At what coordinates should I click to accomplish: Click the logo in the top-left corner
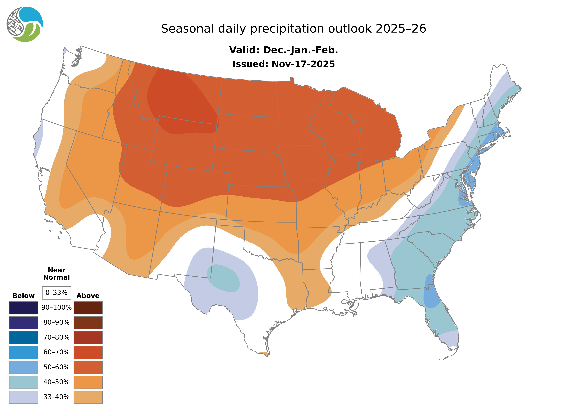point(25,24)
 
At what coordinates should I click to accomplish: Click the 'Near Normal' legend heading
point(56,274)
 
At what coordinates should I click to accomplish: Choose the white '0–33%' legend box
point(56,293)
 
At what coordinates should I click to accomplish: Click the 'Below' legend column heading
point(23,296)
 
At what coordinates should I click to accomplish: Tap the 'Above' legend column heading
point(88,296)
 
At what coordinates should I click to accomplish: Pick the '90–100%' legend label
point(56,307)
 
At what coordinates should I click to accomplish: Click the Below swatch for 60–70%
point(23,352)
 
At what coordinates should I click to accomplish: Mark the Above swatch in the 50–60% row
point(88,367)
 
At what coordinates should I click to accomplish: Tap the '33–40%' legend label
point(56,397)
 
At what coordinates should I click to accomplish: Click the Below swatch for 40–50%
point(23,382)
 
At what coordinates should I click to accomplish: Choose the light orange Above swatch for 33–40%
point(88,397)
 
